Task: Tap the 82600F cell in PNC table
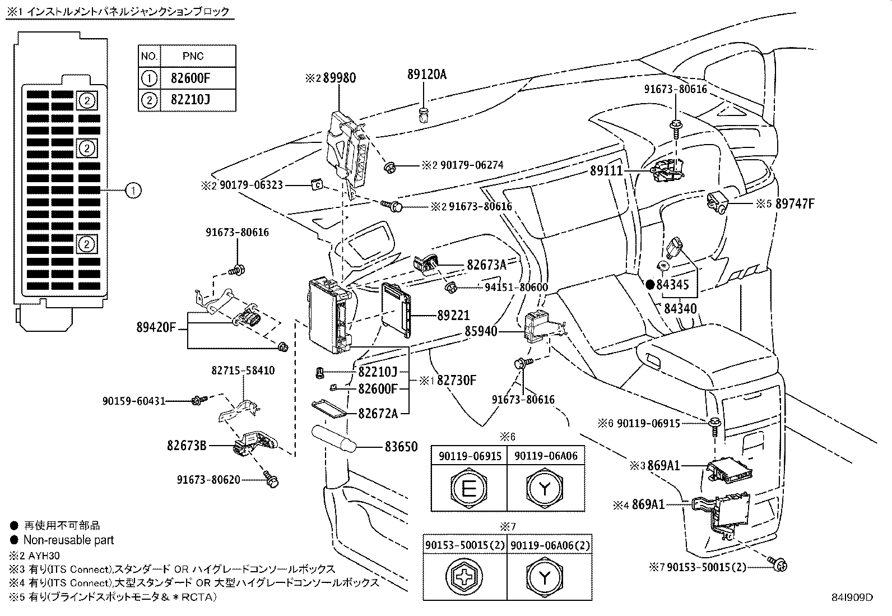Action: click(193, 78)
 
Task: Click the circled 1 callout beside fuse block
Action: click(133, 191)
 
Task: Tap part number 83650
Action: click(401, 447)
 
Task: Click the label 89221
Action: click(453, 316)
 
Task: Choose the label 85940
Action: click(481, 332)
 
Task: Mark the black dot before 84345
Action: click(651, 285)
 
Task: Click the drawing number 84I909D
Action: click(853, 598)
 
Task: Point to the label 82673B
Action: click(187, 446)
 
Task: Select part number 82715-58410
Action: click(243, 370)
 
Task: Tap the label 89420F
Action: click(156, 327)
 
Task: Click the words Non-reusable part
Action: click(68, 540)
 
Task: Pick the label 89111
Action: click(606, 171)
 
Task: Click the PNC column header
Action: click(193, 56)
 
